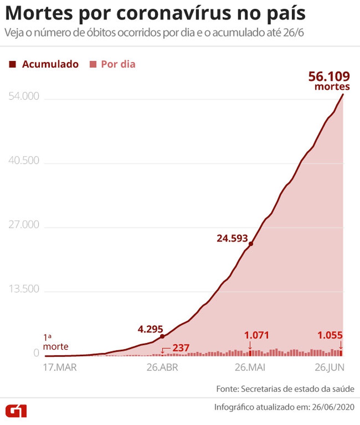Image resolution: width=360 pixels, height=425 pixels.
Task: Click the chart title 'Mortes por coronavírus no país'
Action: pyautogui.click(x=155, y=14)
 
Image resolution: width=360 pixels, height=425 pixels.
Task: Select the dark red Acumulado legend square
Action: pyautogui.click(x=12, y=64)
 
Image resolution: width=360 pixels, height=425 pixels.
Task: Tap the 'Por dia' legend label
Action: pyautogui.click(x=118, y=64)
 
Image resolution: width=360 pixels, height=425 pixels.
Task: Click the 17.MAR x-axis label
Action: pyautogui.click(x=60, y=368)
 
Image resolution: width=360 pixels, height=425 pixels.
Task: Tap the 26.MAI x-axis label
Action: pyautogui.click(x=251, y=368)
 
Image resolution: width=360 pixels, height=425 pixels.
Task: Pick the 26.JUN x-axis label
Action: pyautogui.click(x=329, y=368)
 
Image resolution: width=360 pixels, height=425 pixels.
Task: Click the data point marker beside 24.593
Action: pyautogui.click(x=251, y=244)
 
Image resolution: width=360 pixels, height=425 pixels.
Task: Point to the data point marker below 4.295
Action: pyautogui.click(x=162, y=336)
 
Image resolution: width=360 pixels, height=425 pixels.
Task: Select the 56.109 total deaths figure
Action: pyautogui.click(x=329, y=77)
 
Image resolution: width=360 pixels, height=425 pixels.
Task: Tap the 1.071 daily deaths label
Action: pyautogui.click(x=256, y=335)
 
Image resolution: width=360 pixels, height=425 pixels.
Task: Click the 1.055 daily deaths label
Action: pyautogui.click(x=330, y=335)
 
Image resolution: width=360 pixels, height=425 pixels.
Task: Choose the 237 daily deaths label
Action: pyautogui.click(x=180, y=347)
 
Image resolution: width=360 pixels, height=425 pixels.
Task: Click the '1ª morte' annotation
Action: pyautogui.click(x=56, y=342)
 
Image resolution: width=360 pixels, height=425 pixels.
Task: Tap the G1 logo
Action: pyautogui.click(x=16, y=410)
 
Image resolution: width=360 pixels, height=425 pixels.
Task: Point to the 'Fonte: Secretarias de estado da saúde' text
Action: pyautogui.click(x=285, y=389)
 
